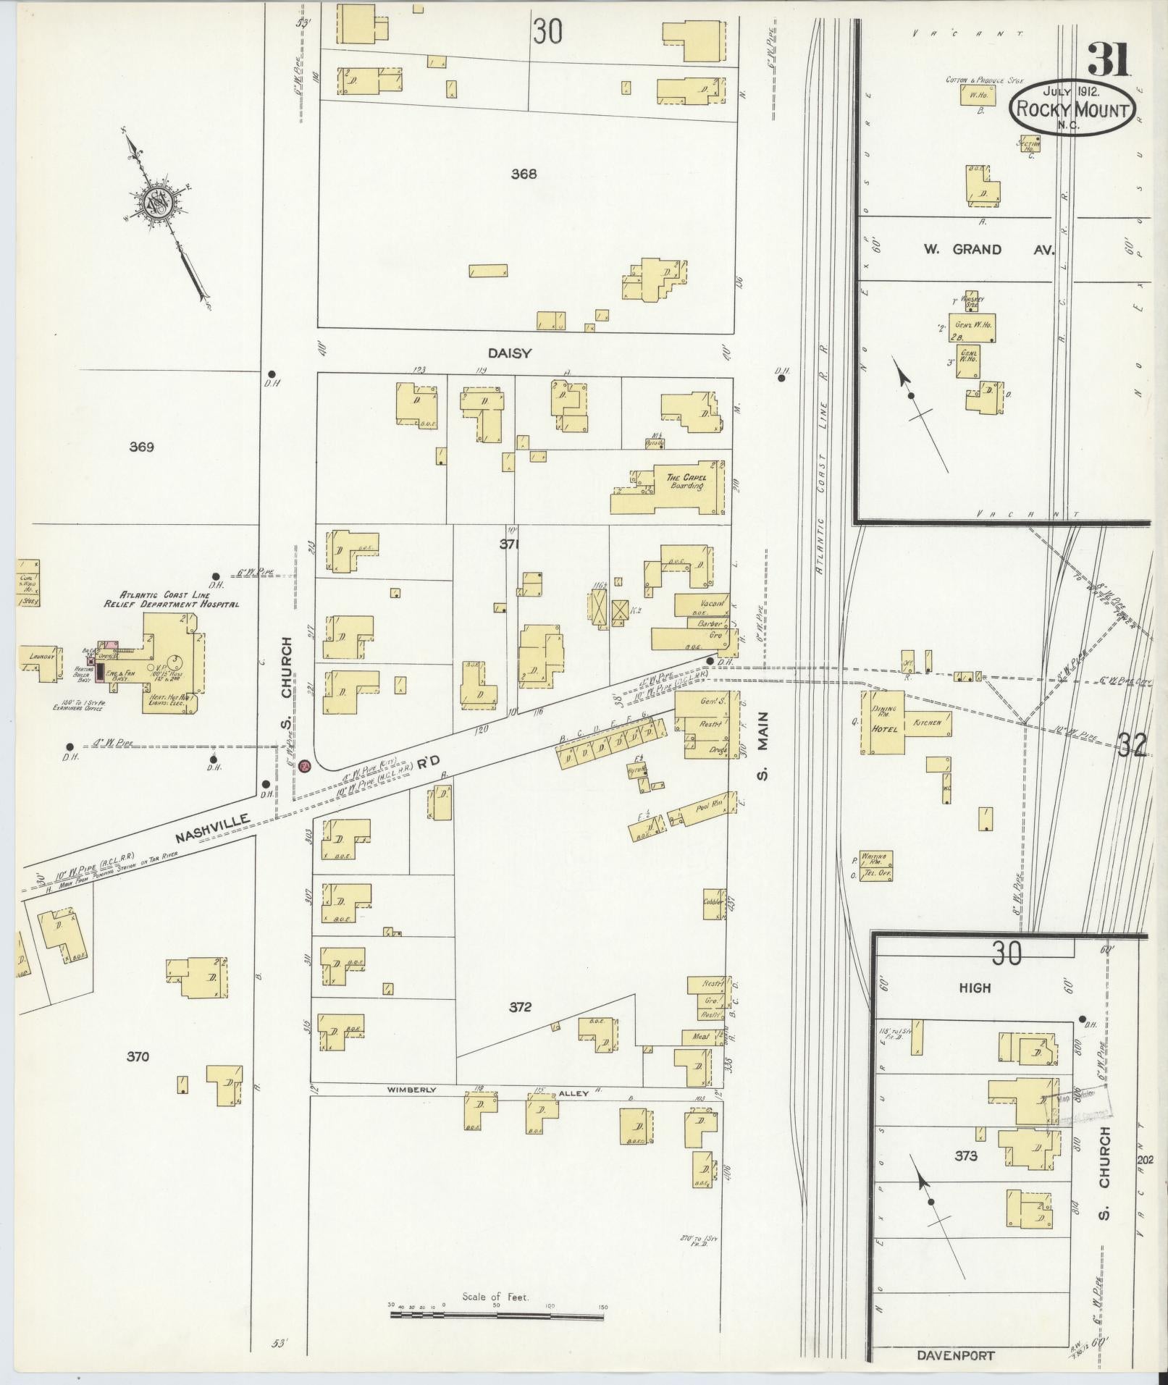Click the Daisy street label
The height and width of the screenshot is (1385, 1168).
[x=510, y=353]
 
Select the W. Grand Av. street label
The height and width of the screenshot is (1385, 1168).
[x=988, y=249]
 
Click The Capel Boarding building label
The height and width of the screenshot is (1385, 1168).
[x=686, y=481]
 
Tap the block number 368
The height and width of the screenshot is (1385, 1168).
[x=523, y=174]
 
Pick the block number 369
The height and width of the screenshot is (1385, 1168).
[x=141, y=447]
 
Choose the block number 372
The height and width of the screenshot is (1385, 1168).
[x=520, y=1006]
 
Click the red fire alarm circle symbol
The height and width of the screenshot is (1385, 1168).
[x=305, y=765]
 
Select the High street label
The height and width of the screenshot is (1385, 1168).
[x=975, y=988]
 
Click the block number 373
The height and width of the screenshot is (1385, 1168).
[x=966, y=1155]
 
